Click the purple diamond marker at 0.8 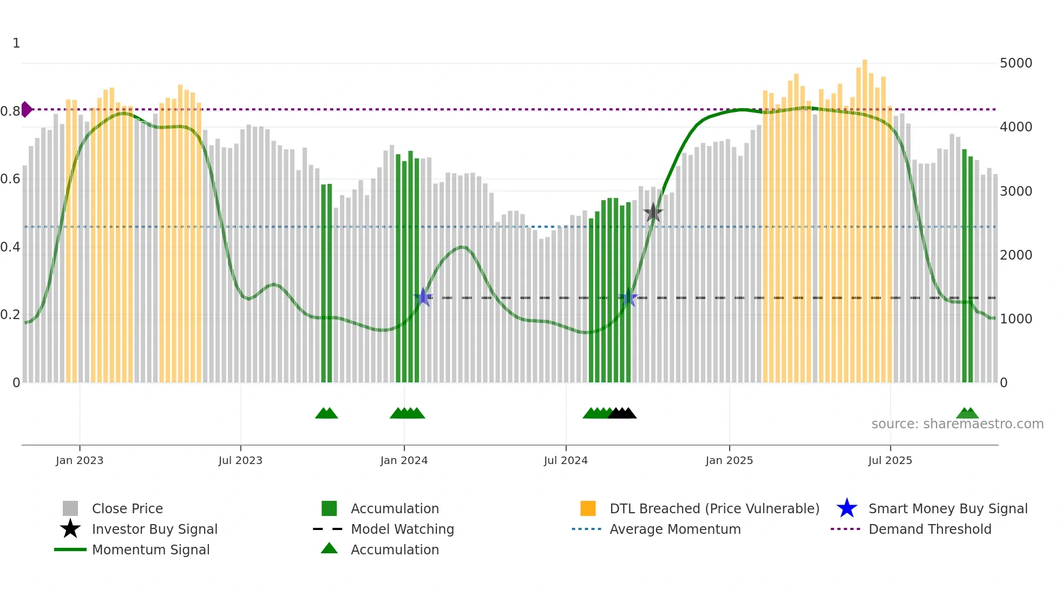(27, 109)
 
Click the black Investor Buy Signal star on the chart (653, 213)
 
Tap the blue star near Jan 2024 (423, 297)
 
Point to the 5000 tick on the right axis (1016, 63)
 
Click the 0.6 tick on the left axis (11, 179)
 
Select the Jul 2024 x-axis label (566, 460)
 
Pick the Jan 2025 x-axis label (729, 460)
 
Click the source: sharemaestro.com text (957, 423)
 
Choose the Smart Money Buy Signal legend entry (947, 508)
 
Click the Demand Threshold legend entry (929, 529)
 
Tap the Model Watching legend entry (402, 529)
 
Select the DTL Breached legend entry (714, 508)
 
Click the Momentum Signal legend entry (150, 549)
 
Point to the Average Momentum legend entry (674, 529)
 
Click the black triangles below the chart (622, 413)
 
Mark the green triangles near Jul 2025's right (967, 413)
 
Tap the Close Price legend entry (127, 508)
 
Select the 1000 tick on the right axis (1016, 319)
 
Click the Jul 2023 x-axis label (240, 460)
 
